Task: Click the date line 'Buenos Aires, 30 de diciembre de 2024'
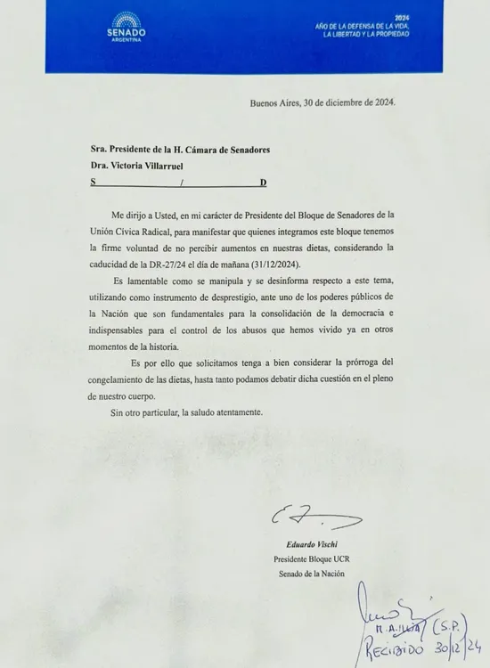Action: click(x=323, y=102)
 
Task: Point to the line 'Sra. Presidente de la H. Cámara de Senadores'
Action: click(x=181, y=149)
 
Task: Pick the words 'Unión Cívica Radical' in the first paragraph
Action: click(x=133, y=237)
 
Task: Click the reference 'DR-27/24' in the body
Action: click(x=191, y=269)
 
